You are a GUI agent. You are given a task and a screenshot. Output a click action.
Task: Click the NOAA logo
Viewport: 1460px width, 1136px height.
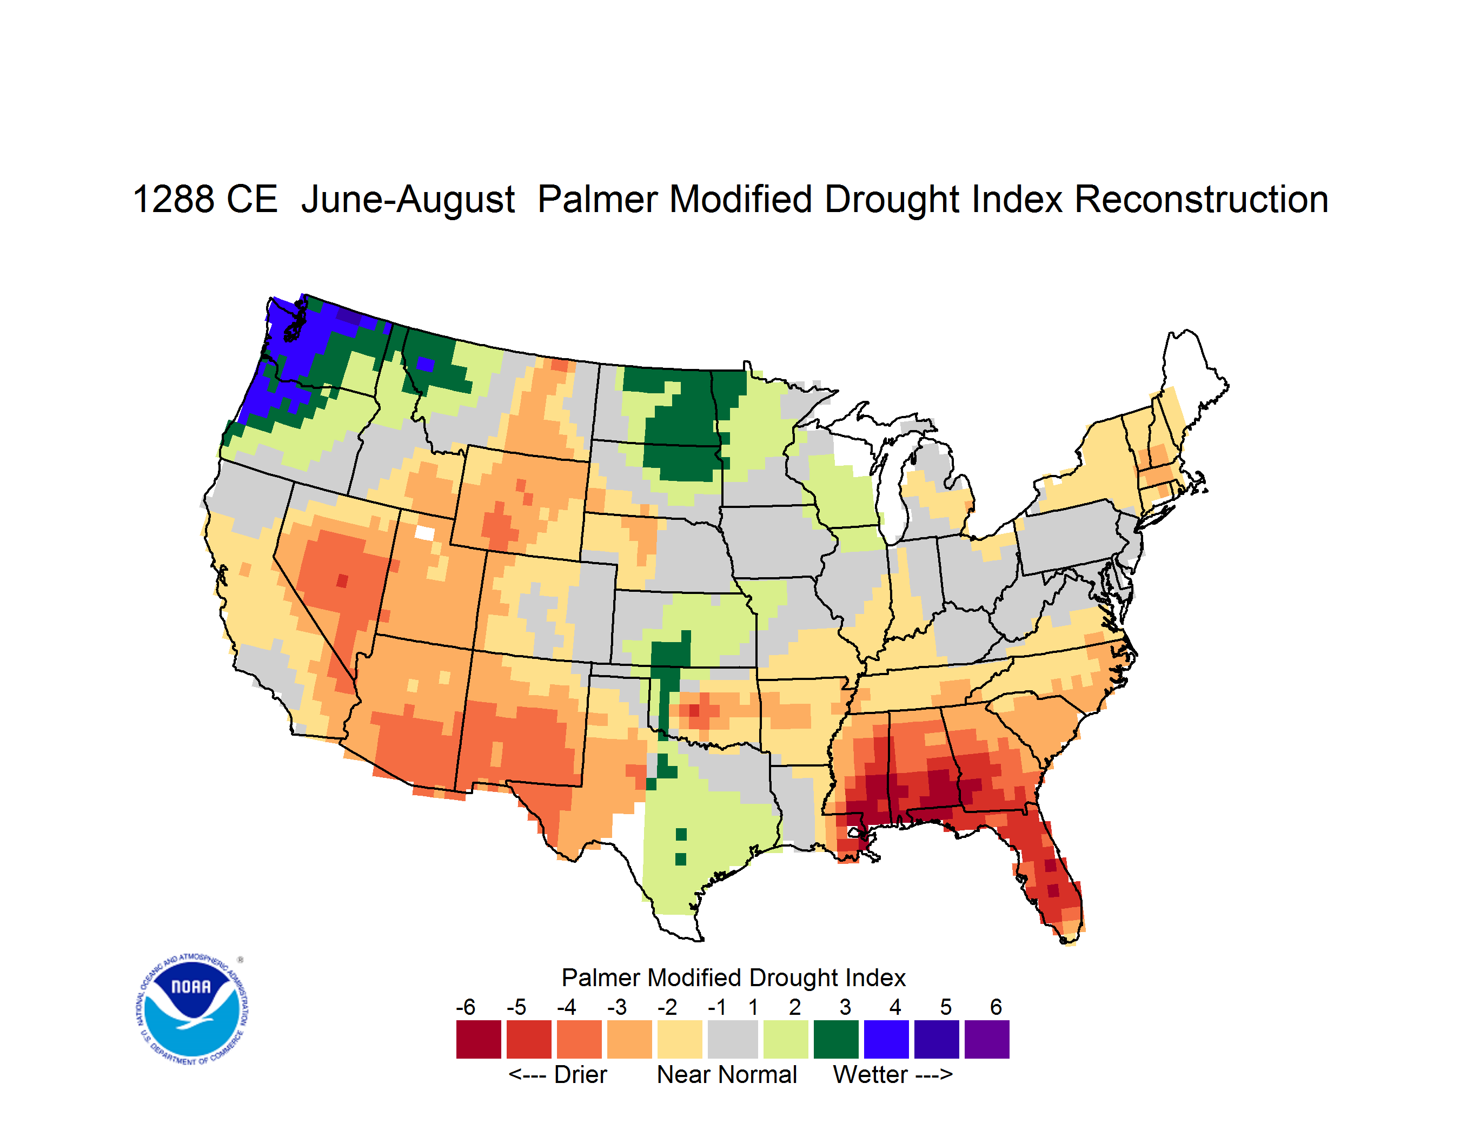[x=193, y=1009]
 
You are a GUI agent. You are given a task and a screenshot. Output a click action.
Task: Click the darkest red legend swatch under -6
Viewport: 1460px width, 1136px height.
[x=479, y=1039]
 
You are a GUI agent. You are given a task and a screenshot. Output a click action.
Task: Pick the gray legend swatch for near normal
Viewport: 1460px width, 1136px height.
[x=733, y=1039]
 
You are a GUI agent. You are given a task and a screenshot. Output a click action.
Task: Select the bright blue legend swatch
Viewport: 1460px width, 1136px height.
[x=886, y=1039]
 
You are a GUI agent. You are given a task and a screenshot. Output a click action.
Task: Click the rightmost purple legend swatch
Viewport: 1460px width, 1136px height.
[x=987, y=1039]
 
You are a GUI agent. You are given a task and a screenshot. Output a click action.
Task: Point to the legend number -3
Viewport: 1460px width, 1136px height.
[x=616, y=1007]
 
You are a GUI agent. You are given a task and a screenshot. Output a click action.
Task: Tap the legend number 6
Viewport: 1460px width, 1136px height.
[x=996, y=1007]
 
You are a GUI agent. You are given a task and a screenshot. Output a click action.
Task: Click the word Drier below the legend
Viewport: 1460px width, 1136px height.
[x=580, y=1074]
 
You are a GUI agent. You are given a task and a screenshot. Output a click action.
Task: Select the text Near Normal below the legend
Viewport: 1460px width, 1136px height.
[x=727, y=1074]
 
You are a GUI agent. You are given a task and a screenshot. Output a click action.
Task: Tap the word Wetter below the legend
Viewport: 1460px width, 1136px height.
[x=871, y=1074]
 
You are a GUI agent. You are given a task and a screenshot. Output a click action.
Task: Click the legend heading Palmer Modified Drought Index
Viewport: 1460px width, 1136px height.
[x=733, y=978]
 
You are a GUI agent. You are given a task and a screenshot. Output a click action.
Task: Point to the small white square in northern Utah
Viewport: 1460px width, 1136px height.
[x=424, y=533]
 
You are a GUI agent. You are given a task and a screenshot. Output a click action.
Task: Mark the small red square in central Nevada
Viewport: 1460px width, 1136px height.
[x=342, y=580]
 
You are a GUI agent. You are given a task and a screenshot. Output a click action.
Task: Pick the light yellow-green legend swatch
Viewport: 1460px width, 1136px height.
[x=786, y=1039]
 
